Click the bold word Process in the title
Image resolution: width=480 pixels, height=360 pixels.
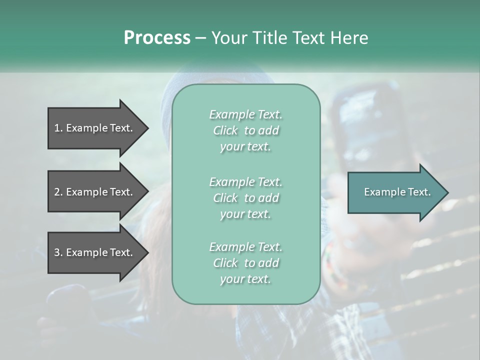(157, 38)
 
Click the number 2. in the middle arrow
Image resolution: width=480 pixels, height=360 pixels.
(58, 192)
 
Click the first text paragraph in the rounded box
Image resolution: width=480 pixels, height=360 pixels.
(245, 130)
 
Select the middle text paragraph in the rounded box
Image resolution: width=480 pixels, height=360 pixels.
(245, 197)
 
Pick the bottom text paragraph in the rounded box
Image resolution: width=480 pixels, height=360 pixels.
(245, 263)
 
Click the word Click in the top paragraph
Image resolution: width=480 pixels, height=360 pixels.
(225, 130)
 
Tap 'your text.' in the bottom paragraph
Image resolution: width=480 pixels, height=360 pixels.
(245, 279)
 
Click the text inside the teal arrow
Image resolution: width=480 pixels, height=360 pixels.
(397, 192)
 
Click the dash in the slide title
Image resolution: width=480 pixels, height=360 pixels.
(200, 38)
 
